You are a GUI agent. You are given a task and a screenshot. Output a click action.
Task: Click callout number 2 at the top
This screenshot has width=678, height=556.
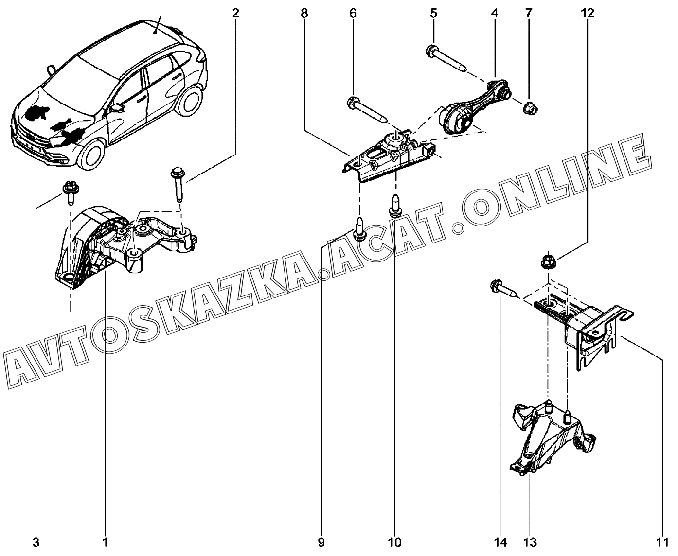235,13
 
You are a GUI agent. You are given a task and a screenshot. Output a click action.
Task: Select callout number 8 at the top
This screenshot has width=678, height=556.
304,13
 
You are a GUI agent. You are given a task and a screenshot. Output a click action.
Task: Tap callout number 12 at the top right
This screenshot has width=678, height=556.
588,13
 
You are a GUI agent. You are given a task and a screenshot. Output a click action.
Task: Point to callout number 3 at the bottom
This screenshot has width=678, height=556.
36,542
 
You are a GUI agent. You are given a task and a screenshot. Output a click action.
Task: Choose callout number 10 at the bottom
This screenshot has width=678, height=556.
394,542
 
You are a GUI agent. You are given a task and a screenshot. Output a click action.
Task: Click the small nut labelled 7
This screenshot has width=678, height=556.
530,108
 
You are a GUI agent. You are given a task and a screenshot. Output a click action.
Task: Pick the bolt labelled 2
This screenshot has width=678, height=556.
178,184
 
